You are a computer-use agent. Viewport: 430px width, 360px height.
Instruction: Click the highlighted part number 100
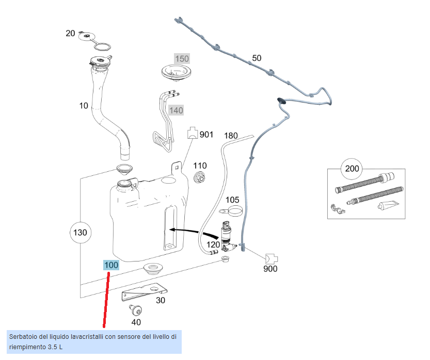pyautogui.click(x=111, y=265)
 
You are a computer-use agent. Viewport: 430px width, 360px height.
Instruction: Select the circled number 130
pyautogui.click(x=80, y=233)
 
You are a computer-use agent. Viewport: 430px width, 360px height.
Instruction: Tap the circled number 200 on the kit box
pyautogui.click(x=352, y=168)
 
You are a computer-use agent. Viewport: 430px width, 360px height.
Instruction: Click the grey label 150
pyautogui.click(x=182, y=59)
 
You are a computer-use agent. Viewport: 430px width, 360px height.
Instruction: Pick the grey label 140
pyautogui.click(x=176, y=110)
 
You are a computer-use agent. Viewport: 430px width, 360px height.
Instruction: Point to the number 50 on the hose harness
pyautogui.click(x=257, y=58)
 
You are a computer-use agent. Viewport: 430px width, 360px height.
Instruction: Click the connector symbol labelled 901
pyautogui.click(x=192, y=134)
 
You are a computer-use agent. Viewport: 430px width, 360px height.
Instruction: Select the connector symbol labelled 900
pyautogui.click(x=271, y=257)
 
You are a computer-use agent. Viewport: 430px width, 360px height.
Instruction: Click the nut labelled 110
pyautogui.click(x=199, y=178)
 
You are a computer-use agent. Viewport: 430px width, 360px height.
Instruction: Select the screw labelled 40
pyautogui.click(x=136, y=310)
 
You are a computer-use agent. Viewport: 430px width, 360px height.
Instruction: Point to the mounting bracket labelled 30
pyautogui.click(x=142, y=293)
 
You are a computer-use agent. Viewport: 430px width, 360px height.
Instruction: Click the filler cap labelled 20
pyautogui.click(x=88, y=36)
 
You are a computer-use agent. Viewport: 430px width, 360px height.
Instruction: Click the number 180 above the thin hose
pyautogui.click(x=231, y=136)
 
